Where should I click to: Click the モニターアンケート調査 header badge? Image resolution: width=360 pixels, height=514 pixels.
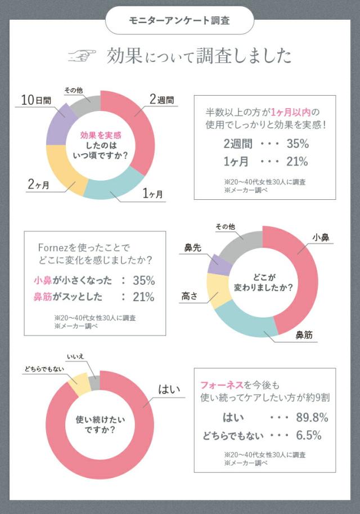pyautogui.click(x=179, y=21)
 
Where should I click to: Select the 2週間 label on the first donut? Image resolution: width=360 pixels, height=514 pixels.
pyautogui.click(x=161, y=100)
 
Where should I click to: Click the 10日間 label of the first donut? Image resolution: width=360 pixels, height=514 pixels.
pyautogui.click(x=36, y=100)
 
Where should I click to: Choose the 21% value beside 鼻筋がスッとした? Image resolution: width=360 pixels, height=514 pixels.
pyautogui.click(x=143, y=297)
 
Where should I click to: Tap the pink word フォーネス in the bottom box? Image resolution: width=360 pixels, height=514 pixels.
pyautogui.click(x=223, y=385)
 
